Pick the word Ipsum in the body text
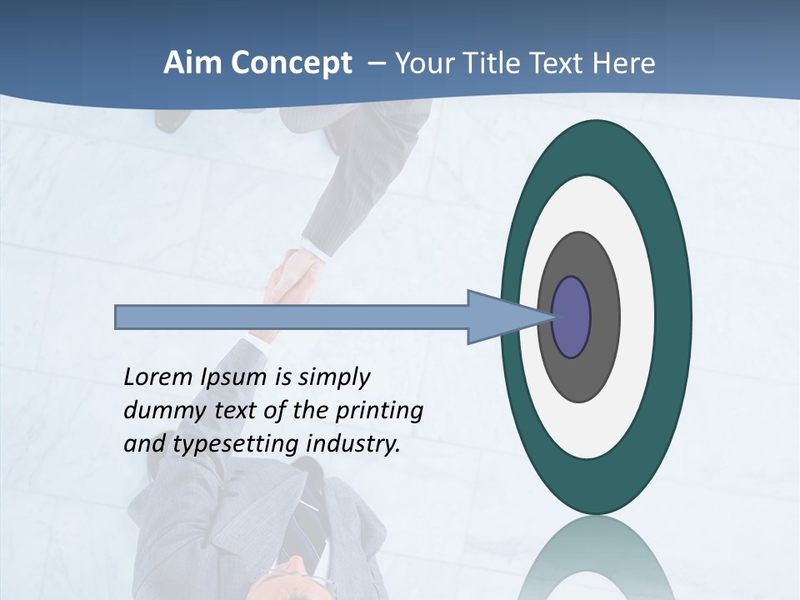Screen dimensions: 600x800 pos(236,377)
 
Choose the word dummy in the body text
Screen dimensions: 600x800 pos(157,411)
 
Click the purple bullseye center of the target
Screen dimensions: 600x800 pos(571,317)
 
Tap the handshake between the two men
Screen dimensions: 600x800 pos(291,276)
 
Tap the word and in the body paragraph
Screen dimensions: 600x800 pos(143,444)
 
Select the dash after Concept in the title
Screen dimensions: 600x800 pos(377,63)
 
